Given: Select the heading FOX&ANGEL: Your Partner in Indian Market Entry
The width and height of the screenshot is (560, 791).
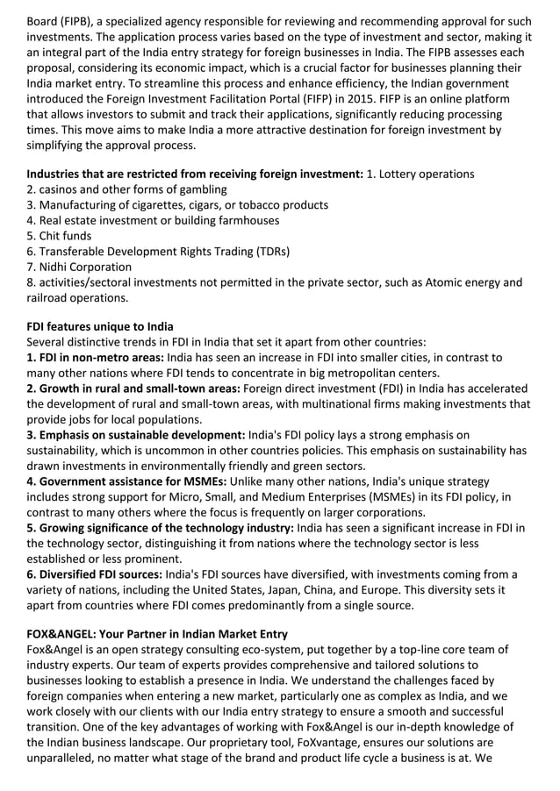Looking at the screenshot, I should tap(157, 634).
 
